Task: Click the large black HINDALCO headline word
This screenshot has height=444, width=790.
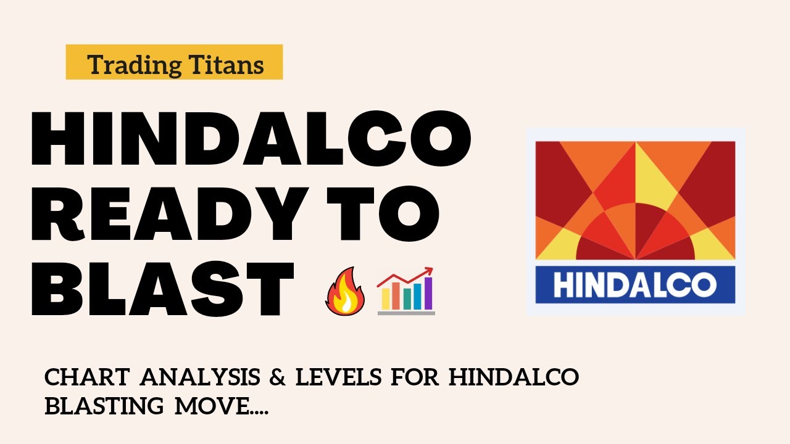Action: [251, 139]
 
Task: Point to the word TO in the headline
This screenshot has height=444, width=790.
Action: [383, 214]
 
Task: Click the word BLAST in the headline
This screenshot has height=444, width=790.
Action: [162, 287]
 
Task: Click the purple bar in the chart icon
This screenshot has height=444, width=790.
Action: [427, 294]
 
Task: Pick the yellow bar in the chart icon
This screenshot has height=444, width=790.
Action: [386, 298]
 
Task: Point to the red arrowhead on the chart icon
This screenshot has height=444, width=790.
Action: [428, 272]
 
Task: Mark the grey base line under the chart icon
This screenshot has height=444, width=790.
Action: [406, 313]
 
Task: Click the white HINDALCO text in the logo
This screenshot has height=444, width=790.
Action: [635, 286]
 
